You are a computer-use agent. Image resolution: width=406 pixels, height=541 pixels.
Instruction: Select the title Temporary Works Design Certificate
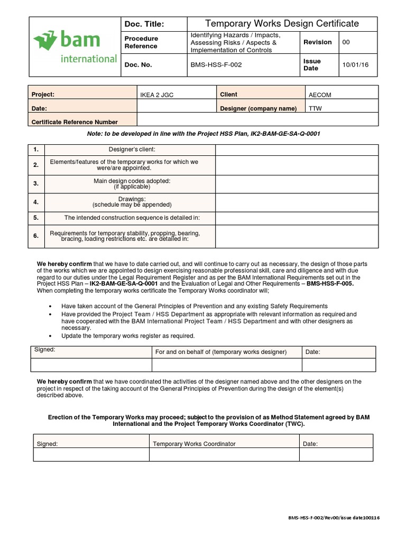pos(281,24)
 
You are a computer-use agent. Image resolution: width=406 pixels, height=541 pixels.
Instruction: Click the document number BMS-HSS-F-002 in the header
pos(216,65)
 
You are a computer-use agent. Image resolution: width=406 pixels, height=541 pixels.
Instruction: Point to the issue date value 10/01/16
pos(356,65)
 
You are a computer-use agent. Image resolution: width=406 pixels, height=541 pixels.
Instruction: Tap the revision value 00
pos(346,42)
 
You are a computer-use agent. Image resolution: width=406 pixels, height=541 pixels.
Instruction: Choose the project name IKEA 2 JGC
pos(156,95)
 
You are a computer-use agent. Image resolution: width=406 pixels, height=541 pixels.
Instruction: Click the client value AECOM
pos(320,95)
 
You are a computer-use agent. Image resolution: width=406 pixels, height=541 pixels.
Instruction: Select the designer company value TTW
pos(316,109)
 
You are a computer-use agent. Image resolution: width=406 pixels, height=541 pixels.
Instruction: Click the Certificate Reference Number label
pos(75,122)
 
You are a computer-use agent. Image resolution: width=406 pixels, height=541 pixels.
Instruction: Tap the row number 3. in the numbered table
pos(36,183)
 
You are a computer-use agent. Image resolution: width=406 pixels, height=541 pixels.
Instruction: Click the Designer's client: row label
pos(132,150)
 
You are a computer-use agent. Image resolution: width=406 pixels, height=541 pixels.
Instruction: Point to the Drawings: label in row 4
pos(132,199)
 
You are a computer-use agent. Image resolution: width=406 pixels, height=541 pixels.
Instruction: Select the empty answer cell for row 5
pos(297,217)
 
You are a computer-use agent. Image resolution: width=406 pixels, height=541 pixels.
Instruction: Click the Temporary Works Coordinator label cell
pos(194,444)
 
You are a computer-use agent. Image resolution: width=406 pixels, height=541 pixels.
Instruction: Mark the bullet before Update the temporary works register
pos(50,335)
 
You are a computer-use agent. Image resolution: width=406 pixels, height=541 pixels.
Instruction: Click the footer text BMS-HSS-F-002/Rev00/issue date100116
pos(334,518)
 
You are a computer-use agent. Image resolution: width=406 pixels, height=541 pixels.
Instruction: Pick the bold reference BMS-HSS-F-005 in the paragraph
pos(330,284)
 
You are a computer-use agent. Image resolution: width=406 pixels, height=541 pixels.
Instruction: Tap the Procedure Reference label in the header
pos(141,42)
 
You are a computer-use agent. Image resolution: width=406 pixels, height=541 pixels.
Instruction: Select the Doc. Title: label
pos(144,24)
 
